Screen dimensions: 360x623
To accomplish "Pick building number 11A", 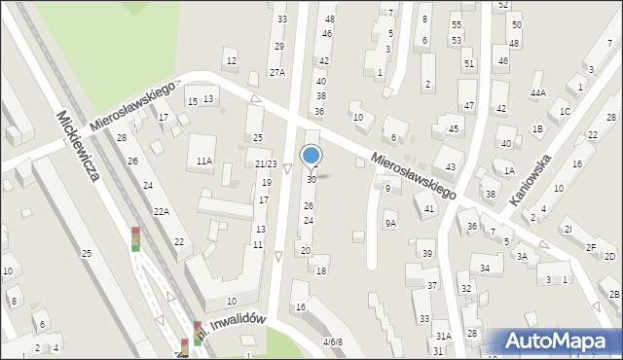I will coord(203,161).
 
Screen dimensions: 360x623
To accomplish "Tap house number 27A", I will coord(277,72).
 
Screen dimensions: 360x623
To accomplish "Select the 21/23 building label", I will coord(266,163).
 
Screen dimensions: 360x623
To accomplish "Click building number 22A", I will coord(162,211).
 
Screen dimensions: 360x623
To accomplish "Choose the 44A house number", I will coord(537,93).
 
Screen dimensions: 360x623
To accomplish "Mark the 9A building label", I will coord(389,223).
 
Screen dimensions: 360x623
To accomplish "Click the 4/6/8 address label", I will coord(333,342).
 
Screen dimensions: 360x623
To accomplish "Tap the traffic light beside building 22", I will coord(135,238).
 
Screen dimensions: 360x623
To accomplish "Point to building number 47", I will coord(468,105).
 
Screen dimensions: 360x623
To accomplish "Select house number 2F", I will coord(591,247).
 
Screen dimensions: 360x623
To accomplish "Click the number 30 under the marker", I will coord(311,180).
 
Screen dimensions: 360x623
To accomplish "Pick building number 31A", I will coord(443,336).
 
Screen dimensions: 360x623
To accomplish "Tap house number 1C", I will coord(565,111).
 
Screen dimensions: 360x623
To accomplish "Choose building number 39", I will coord(426,254).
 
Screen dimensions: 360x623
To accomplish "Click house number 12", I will coord(231,61).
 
